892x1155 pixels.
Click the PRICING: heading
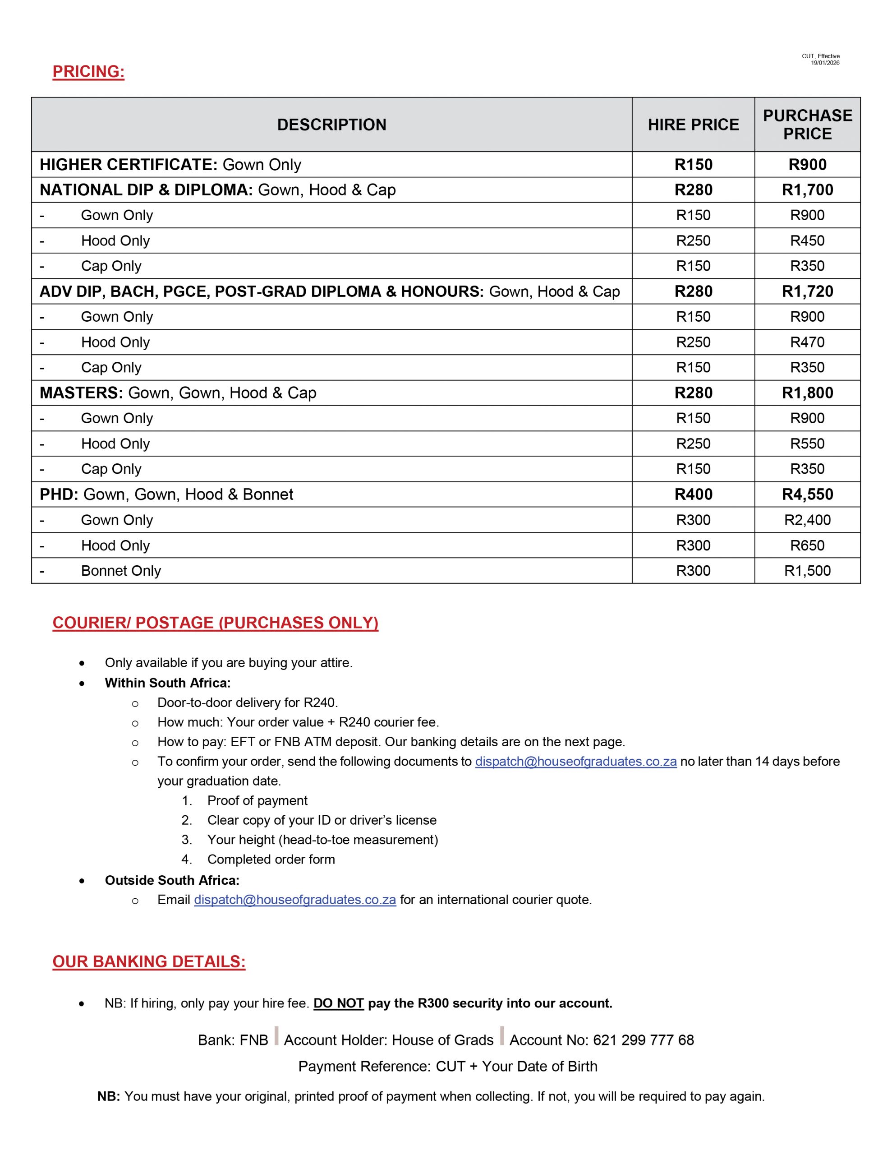pos(88,71)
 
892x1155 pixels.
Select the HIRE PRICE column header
pos(693,125)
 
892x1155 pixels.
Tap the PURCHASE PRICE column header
pos(807,125)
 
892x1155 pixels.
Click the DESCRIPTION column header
pos(331,125)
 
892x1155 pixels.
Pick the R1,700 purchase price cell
pos(807,190)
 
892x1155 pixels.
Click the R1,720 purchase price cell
pos(807,291)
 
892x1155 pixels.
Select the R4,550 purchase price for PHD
pos(807,494)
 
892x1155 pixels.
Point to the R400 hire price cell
pos(693,494)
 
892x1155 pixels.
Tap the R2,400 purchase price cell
pos(807,520)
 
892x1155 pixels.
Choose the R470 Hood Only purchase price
pos(807,342)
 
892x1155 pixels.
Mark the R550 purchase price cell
pos(807,444)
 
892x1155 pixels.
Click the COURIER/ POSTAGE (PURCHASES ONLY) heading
pos(215,623)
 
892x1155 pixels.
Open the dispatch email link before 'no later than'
pos(575,762)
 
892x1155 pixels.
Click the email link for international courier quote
pos(294,900)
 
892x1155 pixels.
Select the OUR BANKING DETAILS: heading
pos(149,961)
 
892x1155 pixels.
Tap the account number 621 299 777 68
pos(643,1040)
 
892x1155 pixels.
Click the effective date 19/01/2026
pos(825,63)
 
